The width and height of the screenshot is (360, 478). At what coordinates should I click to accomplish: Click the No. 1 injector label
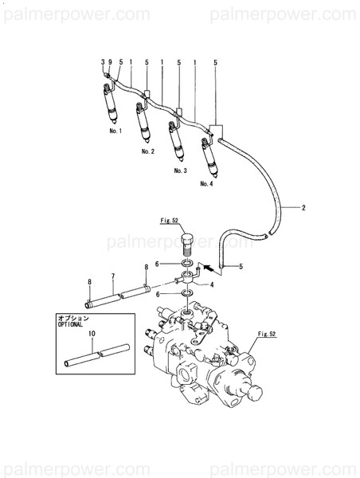(x=115, y=130)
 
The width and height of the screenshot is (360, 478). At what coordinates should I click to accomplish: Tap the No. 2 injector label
(x=147, y=150)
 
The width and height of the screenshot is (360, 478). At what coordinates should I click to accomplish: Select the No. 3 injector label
(x=180, y=170)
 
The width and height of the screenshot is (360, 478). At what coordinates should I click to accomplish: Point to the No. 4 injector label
(x=206, y=184)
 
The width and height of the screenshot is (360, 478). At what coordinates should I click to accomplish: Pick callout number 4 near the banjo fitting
(x=212, y=284)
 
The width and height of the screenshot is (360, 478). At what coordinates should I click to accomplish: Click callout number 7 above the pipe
(x=114, y=276)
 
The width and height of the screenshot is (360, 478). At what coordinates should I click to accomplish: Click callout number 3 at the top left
(x=103, y=62)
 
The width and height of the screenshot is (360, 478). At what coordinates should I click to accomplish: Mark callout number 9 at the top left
(x=110, y=62)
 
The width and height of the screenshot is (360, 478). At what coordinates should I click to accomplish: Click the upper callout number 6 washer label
(x=158, y=264)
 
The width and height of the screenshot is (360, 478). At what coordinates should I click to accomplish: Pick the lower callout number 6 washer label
(x=158, y=294)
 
